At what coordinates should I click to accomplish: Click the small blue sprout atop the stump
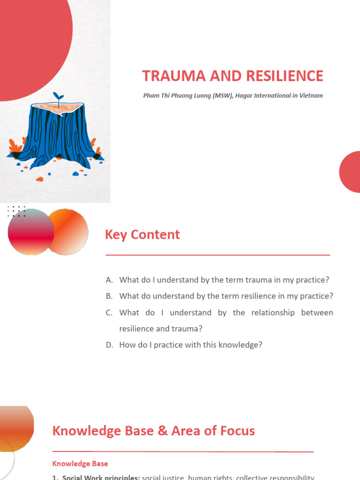click(x=59, y=97)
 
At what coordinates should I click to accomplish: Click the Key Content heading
click(x=142, y=235)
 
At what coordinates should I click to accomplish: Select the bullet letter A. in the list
click(x=110, y=280)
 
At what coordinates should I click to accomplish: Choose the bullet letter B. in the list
click(x=110, y=296)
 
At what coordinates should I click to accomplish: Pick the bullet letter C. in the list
click(x=110, y=313)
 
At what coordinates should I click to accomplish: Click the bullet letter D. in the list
click(x=110, y=345)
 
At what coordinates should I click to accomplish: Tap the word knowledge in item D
click(x=228, y=345)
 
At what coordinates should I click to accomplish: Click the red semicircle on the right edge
click(x=351, y=172)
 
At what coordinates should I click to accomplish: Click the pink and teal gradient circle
click(x=31, y=232)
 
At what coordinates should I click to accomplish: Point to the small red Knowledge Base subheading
click(x=80, y=464)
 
